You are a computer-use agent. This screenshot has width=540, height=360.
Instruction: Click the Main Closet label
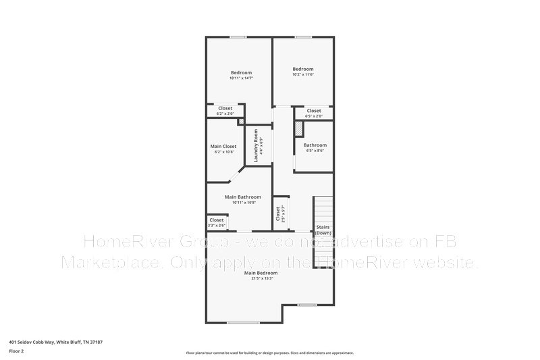tap(223, 146)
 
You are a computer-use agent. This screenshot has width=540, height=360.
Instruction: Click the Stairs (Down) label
tap(323, 230)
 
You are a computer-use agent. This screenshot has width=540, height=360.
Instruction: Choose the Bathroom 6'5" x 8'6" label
tap(315, 145)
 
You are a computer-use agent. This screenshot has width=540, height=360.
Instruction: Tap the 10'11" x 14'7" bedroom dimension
tap(241, 78)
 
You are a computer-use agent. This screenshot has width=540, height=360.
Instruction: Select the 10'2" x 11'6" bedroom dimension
tap(303, 74)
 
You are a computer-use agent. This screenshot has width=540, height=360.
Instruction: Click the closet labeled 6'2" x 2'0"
tap(225, 111)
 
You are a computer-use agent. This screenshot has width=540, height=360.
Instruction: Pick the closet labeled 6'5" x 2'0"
tap(314, 113)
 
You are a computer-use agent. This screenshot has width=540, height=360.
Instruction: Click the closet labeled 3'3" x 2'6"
tap(217, 222)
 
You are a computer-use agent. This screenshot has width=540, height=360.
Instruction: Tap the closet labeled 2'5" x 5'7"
tap(278, 213)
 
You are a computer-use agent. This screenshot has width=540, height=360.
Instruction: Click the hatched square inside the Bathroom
tap(298, 128)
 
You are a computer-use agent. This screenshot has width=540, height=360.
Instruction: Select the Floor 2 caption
tap(16, 351)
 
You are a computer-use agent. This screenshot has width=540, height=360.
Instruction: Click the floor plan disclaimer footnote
tap(269, 353)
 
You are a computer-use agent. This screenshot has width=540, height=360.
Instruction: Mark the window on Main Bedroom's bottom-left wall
tap(243, 322)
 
